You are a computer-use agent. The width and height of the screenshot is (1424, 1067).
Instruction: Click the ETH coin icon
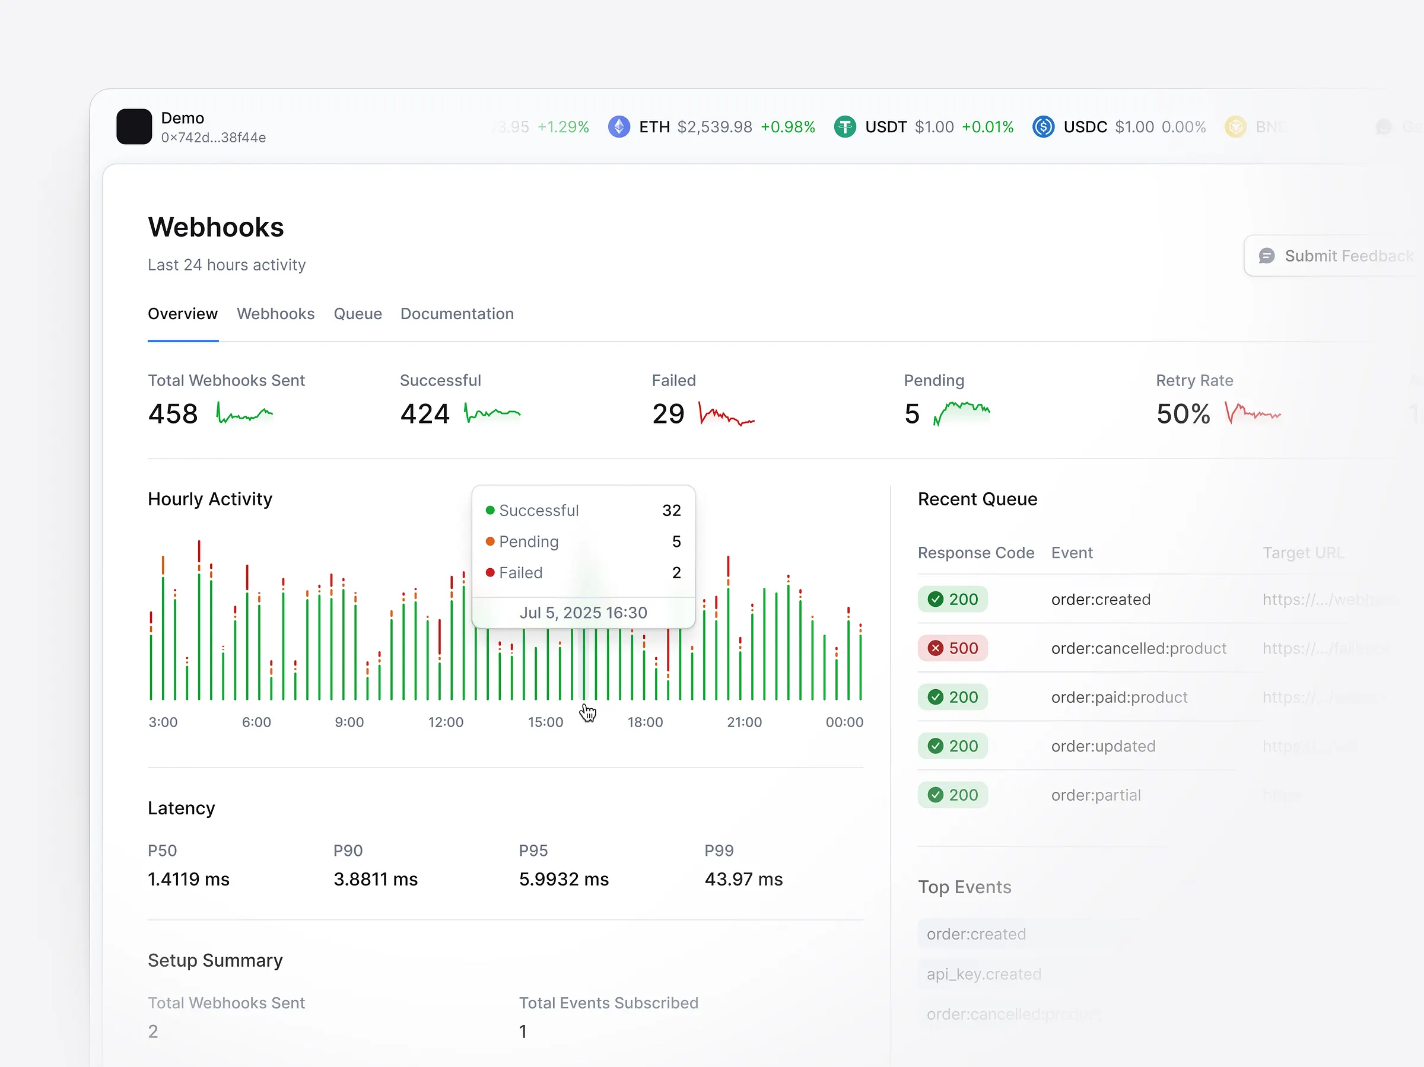click(x=619, y=127)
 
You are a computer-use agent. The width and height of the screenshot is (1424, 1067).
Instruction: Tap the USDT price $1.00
click(x=933, y=127)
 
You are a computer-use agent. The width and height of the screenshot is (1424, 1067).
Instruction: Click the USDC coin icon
click(x=1043, y=127)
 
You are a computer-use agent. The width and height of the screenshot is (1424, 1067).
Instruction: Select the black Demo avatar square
click(x=134, y=127)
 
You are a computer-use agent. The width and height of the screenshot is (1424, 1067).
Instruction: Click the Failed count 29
click(x=667, y=414)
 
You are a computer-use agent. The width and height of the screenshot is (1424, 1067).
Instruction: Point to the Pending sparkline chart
click(x=961, y=413)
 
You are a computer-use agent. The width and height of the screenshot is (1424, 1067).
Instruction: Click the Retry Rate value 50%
click(x=1183, y=414)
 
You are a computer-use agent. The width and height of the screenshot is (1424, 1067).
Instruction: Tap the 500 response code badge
click(x=953, y=648)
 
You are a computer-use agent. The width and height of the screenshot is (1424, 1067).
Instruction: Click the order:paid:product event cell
click(x=1119, y=697)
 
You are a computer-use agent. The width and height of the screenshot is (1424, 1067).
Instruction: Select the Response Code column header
click(x=975, y=553)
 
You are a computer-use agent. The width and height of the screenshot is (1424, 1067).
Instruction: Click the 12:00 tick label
click(x=446, y=722)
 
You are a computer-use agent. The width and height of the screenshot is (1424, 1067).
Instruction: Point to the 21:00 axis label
click(x=743, y=722)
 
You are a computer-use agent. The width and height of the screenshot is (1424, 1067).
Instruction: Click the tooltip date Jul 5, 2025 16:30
click(x=583, y=613)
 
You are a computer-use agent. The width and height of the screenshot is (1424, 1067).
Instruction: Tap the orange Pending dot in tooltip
click(x=490, y=542)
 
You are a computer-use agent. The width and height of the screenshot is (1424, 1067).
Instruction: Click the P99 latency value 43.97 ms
click(x=743, y=879)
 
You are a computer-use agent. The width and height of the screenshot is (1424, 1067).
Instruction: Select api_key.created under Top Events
click(x=983, y=974)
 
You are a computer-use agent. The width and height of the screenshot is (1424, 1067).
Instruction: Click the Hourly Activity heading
click(x=210, y=499)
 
